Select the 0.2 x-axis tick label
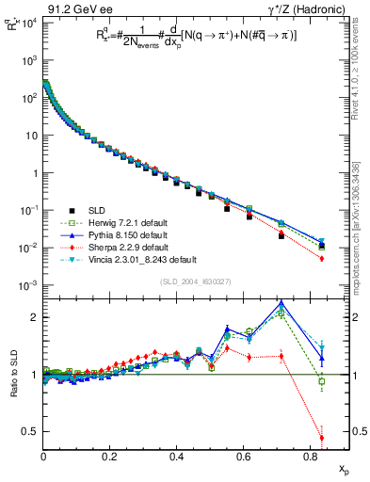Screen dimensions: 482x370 tap(110, 458)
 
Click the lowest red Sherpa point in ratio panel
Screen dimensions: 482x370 tap(322, 438)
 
